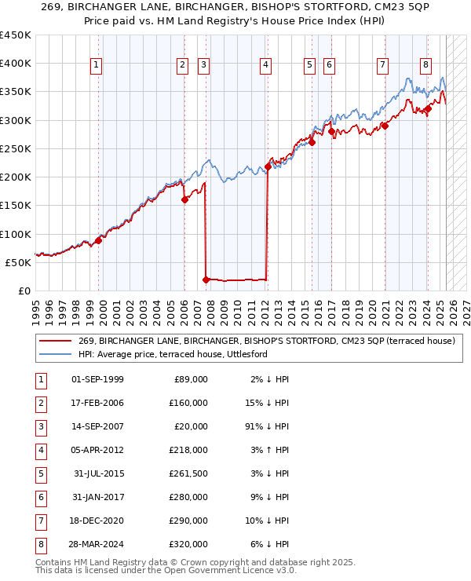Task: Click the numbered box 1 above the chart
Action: (96, 65)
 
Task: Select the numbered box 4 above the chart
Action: (266, 65)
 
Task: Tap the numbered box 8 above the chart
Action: (425, 65)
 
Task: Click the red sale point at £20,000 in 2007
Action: (206, 279)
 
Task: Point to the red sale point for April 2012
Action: (268, 166)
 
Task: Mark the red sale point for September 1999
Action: (99, 240)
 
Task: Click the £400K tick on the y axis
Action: (16, 64)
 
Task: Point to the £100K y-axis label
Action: (16, 234)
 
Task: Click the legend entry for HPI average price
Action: (173, 354)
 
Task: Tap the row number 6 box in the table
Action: (39, 495)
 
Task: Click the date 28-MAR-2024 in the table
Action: (97, 543)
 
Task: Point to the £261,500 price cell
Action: (189, 473)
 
